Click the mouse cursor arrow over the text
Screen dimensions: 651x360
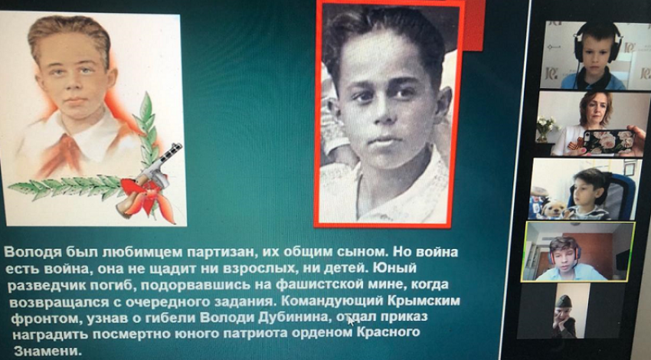[x=351, y=321]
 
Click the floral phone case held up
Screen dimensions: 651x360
[x=609, y=142]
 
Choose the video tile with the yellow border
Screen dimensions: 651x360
[x=578, y=252]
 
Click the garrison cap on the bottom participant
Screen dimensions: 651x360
[x=564, y=301]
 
